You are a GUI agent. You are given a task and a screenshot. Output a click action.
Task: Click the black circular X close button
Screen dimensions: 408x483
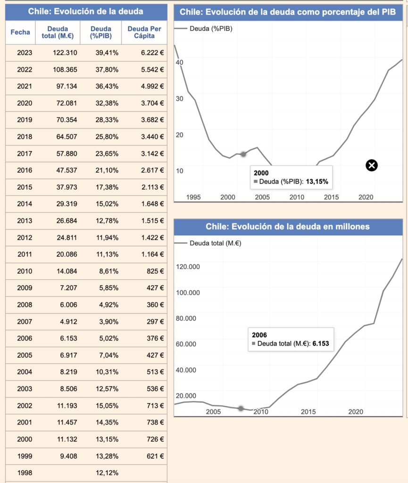click(x=372, y=166)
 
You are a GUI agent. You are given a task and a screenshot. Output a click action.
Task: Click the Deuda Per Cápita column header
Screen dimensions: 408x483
click(x=144, y=33)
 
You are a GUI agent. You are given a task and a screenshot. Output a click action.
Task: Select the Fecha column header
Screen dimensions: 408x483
click(x=20, y=32)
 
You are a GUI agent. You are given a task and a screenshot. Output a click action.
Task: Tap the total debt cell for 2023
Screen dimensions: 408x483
click(x=65, y=53)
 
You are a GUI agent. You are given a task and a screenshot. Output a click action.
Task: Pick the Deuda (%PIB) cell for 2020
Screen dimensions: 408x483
click(x=107, y=103)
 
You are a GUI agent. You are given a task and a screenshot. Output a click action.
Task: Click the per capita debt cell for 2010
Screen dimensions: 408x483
click(x=155, y=271)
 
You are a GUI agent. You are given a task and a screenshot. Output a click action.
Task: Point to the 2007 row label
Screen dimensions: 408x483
click(x=25, y=322)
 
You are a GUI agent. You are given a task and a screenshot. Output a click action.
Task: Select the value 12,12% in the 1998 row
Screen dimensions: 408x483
click(x=107, y=473)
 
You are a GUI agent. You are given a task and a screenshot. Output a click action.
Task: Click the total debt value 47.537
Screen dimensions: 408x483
click(x=67, y=170)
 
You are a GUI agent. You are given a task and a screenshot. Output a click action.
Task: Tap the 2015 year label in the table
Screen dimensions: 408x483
click(x=25, y=187)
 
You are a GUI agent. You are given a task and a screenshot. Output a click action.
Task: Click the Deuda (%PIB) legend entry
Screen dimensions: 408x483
click(x=204, y=29)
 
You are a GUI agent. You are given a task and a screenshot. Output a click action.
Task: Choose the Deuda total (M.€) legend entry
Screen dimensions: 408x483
click(x=208, y=243)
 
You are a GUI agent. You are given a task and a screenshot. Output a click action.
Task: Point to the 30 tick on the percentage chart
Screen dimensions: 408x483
click(x=180, y=99)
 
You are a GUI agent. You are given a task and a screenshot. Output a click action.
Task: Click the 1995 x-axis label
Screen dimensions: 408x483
click(x=193, y=197)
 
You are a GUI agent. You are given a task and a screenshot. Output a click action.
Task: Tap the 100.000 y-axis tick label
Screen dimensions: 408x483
click(x=188, y=292)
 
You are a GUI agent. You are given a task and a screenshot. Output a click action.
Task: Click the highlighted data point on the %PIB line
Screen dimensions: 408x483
click(x=243, y=154)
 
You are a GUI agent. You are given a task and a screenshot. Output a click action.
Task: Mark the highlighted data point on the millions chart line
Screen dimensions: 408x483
click(x=241, y=408)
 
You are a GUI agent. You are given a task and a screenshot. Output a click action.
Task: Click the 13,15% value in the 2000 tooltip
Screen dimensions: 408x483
click(x=317, y=182)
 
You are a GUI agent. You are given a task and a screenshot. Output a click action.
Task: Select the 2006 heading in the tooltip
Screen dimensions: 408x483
click(x=259, y=335)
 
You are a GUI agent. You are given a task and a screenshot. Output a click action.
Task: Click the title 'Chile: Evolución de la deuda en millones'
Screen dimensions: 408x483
click(x=288, y=227)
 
